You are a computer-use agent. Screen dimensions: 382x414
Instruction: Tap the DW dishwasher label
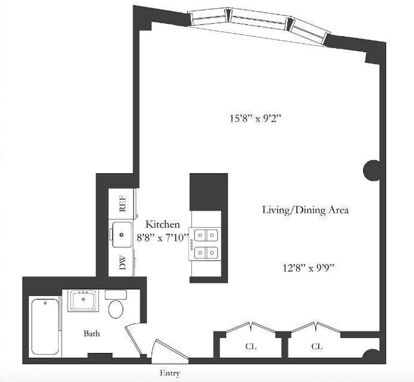[x=123, y=263]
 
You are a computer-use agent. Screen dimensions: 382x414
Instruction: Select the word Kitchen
[x=163, y=224]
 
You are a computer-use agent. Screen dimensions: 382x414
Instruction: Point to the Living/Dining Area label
[x=306, y=210]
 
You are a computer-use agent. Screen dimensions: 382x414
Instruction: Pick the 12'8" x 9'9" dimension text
[x=307, y=268]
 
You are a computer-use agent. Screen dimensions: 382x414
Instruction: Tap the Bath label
[x=92, y=334]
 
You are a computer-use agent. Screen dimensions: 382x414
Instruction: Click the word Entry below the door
[x=170, y=373]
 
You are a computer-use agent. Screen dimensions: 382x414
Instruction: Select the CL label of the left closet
[x=251, y=346]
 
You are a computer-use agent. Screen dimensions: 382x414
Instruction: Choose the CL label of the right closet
[x=317, y=346]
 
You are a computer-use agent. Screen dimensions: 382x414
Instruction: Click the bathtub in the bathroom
[x=45, y=326]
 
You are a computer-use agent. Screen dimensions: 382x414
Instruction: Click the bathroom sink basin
[x=83, y=300]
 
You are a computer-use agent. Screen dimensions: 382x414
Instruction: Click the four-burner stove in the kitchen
[x=206, y=243]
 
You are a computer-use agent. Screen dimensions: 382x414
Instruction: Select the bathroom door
[x=133, y=339]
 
